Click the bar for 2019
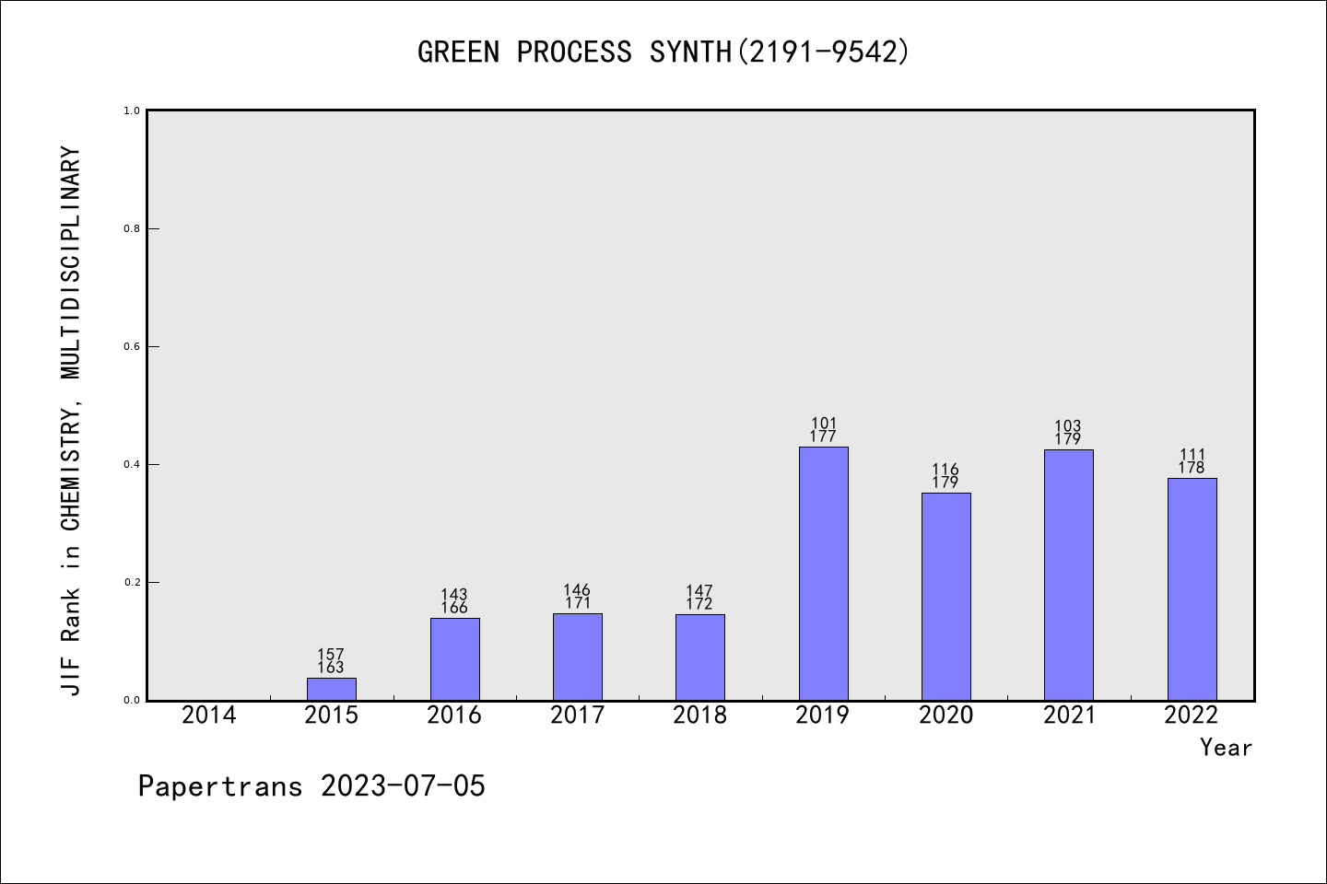click(x=823, y=573)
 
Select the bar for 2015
click(x=332, y=689)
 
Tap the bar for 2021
click(x=1068, y=575)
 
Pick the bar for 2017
click(x=577, y=657)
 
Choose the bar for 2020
click(x=945, y=596)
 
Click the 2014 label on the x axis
click(x=208, y=715)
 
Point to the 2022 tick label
click(x=1192, y=715)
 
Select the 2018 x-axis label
click(x=699, y=715)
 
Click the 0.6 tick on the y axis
click(x=132, y=346)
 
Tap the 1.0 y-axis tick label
click(x=132, y=110)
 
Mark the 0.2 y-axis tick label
click(x=132, y=582)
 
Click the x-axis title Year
click(x=1226, y=748)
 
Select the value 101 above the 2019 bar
click(x=823, y=425)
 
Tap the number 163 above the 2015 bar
click(x=331, y=668)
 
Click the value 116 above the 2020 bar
click(x=945, y=470)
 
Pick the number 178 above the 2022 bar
click(x=1192, y=468)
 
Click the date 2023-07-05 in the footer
click(x=402, y=786)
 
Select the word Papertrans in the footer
click(x=220, y=786)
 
